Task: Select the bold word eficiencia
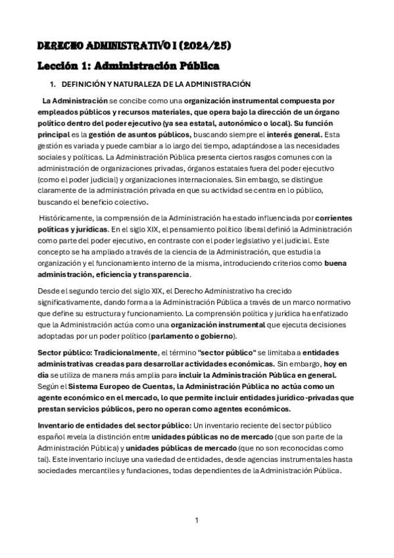coord(117,274)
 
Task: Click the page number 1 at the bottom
coord(196,520)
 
